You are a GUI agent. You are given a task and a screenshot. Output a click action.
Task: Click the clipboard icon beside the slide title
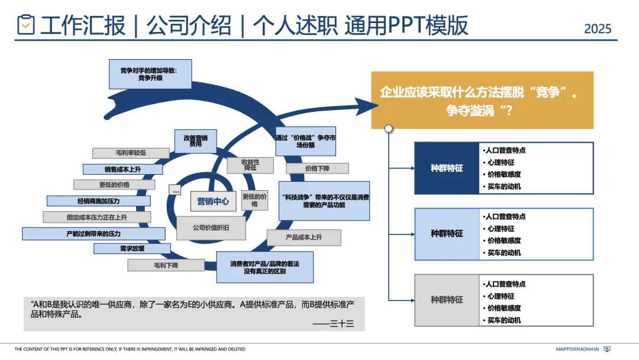(26, 24)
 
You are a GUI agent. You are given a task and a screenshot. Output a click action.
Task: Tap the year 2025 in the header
(598, 28)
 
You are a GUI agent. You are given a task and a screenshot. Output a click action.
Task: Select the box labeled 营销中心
(213, 201)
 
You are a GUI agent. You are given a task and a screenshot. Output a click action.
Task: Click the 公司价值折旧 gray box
(211, 228)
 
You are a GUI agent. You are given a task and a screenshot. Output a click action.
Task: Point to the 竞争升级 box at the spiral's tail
(150, 73)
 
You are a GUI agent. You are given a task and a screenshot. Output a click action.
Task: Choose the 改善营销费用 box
(195, 140)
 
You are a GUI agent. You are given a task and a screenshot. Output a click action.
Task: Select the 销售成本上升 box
(123, 169)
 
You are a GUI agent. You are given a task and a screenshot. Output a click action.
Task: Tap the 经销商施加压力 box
(98, 201)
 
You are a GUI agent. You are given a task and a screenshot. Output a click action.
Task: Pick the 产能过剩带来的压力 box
(93, 234)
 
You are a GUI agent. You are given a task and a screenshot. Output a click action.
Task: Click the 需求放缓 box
(132, 249)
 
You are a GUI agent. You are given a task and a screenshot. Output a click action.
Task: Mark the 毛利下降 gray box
(166, 266)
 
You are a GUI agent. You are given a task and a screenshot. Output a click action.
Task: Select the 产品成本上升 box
(304, 237)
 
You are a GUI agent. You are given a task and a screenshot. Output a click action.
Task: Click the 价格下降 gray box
(317, 168)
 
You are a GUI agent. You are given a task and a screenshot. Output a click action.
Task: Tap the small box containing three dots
(175, 191)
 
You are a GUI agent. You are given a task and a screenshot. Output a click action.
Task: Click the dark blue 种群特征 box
(447, 168)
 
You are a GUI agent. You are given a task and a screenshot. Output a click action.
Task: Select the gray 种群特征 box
(447, 300)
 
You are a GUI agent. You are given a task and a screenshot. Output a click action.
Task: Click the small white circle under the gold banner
(389, 128)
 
